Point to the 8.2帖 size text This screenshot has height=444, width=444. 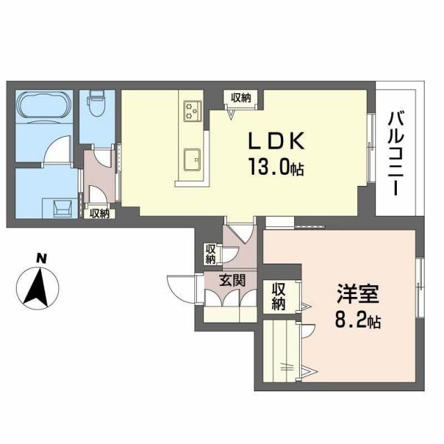[357, 321]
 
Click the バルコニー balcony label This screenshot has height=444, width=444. [398, 153]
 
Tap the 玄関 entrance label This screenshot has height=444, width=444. [232, 281]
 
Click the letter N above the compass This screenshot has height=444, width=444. [41, 259]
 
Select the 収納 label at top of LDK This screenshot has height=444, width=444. [240, 98]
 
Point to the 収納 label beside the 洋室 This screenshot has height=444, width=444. [279, 296]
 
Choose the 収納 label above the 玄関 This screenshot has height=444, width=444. [210, 253]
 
